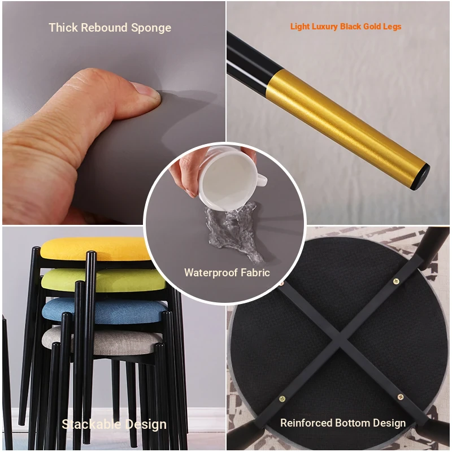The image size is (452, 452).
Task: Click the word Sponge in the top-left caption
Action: click(151, 28)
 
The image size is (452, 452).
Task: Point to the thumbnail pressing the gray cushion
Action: click(146, 91)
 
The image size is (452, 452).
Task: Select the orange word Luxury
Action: click(325, 27)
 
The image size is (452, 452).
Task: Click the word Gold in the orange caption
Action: click(372, 27)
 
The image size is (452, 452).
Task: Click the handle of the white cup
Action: click(261, 180)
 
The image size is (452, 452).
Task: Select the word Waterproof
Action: click(211, 273)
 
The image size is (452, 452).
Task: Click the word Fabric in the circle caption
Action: click(255, 272)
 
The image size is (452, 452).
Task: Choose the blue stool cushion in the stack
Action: click(105, 310)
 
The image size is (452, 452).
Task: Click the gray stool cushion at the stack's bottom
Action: click(102, 341)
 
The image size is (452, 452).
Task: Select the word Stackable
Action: click(92, 424)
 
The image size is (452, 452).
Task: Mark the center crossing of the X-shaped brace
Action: click(340, 335)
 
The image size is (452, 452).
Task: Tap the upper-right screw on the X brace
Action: click(397, 281)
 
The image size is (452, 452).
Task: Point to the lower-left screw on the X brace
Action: click(282, 399)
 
